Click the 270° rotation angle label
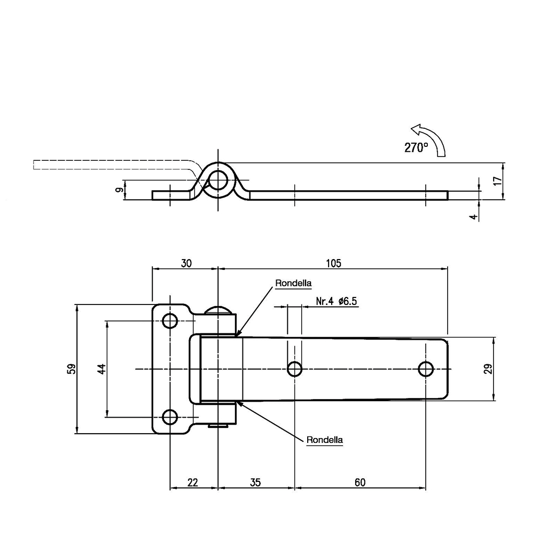point(416,147)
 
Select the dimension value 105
point(333,263)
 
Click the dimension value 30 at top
point(186,263)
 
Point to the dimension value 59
point(71,369)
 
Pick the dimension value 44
point(101,369)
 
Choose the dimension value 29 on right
point(488,369)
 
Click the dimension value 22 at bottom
point(192,482)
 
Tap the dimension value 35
point(255,482)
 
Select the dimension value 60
point(360,482)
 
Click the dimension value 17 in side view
point(498,181)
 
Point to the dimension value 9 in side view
point(119,190)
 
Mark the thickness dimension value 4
point(473,217)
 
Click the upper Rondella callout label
point(293,283)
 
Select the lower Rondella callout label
point(325,440)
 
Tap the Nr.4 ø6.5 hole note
point(337,301)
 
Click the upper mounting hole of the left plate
point(170,321)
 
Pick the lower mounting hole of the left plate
point(170,417)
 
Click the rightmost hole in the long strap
point(426,369)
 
